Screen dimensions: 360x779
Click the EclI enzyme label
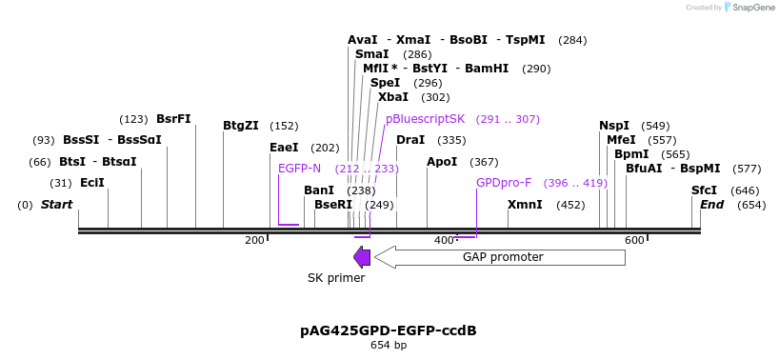(92, 183)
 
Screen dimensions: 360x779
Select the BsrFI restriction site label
(173, 119)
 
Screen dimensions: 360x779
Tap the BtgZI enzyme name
(241, 126)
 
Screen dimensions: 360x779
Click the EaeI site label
(284, 148)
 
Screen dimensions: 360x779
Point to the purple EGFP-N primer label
(299, 169)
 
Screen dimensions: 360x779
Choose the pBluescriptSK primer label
(425, 119)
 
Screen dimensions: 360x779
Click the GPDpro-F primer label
(504, 183)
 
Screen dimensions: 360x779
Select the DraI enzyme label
(410, 140)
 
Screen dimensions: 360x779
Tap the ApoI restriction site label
(442, 162)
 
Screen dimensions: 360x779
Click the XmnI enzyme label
(525, 205)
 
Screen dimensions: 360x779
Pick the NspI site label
(614, 126)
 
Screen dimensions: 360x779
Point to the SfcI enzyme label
(705, 190)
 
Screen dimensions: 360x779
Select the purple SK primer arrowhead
(362, 256)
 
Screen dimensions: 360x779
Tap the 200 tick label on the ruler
(254, 240)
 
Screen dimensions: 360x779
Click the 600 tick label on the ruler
(634, 240)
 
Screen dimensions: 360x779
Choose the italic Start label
(57, 205)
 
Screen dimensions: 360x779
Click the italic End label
(712, 205)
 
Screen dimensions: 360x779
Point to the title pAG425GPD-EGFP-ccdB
(389, 330)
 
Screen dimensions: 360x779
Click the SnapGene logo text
(749, 8)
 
